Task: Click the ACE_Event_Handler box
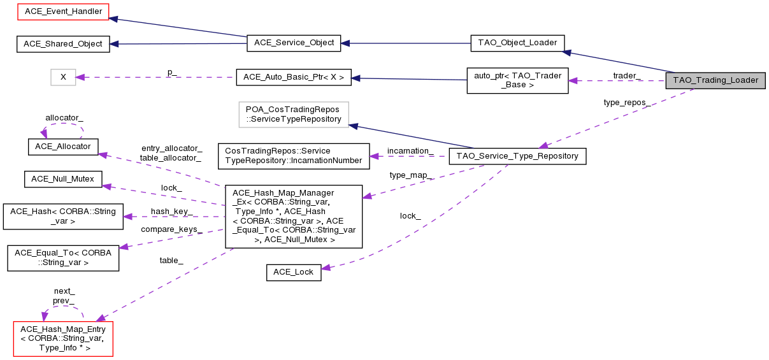[62, 11]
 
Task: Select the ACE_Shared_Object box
[62, 43]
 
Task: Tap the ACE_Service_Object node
[294, 43]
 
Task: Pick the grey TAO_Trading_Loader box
[715, 80]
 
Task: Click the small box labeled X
[63, 77]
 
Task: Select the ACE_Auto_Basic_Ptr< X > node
[294, 77]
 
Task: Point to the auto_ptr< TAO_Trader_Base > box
[517, 80]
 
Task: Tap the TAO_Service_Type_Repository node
[517, 156]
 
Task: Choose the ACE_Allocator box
[62, 147]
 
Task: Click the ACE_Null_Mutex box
[62, 179]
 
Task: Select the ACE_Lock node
[293, 272]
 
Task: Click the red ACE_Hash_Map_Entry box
[63, 338]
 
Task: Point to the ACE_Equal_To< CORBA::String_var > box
[63, 257]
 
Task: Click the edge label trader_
[626, 75]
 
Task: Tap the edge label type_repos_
[627, 102]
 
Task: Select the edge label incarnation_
[410, 151]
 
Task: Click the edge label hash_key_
[171, 211]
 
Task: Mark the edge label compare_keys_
[171, 229]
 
